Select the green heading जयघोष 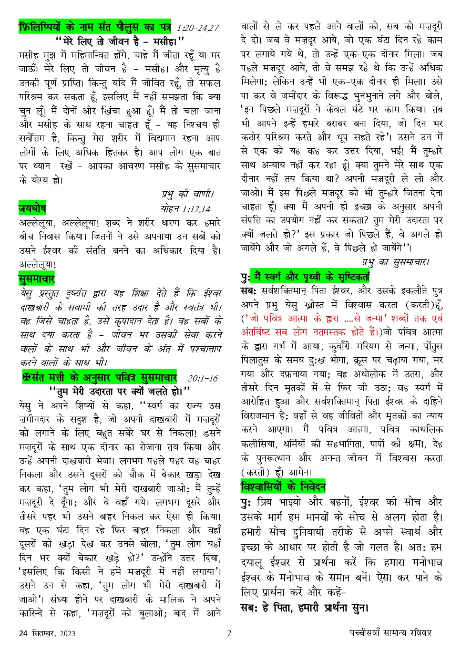click(32, 208)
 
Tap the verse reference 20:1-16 click(202, 378)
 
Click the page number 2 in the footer click(229, 633)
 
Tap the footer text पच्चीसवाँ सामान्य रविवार click(391, 633)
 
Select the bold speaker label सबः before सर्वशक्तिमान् click(248, 289)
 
